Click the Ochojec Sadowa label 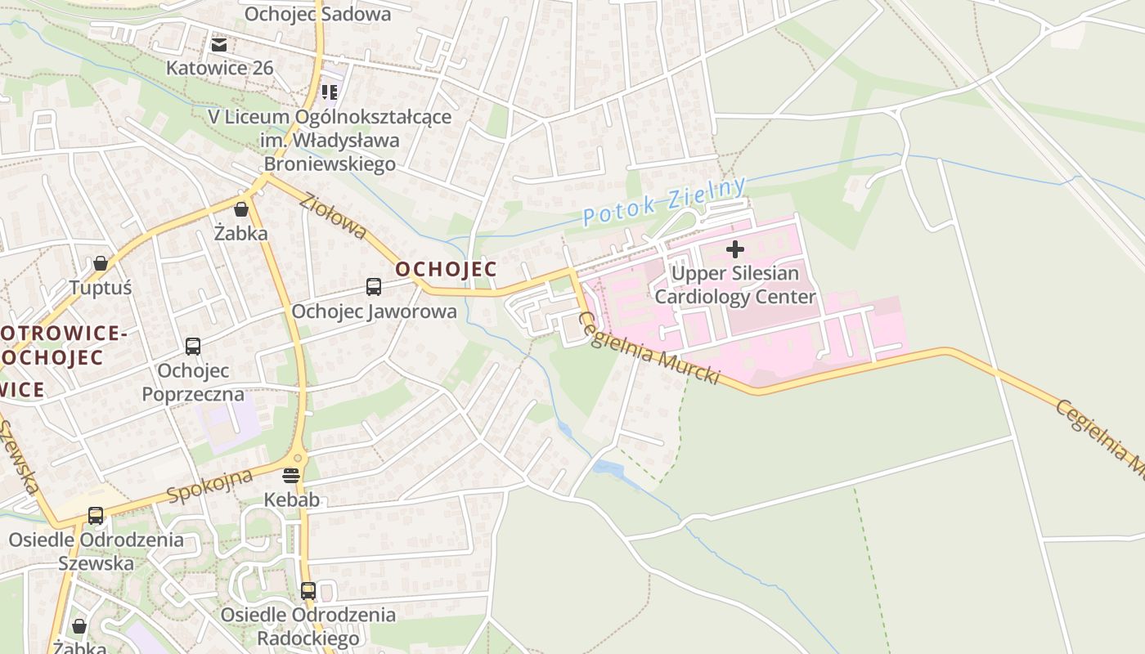point(317,14)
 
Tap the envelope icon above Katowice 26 point(219,44)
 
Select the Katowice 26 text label point(219,67)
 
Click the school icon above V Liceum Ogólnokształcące point(330,92)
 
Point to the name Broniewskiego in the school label point(330,163)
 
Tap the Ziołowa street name point(333,217)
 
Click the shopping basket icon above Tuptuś point(101,263)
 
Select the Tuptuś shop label point(101,288)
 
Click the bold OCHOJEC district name point(446,269)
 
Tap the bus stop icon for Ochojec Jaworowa point(374,287)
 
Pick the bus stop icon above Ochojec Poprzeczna point(193,347)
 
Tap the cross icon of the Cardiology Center point(735,249)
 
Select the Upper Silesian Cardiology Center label point(735,284)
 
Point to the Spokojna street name point(209,487)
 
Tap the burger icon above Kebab point(292,475)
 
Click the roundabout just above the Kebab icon point(296,459)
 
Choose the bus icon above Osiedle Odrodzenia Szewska point(96,516)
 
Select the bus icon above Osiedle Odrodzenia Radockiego point(308,590)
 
